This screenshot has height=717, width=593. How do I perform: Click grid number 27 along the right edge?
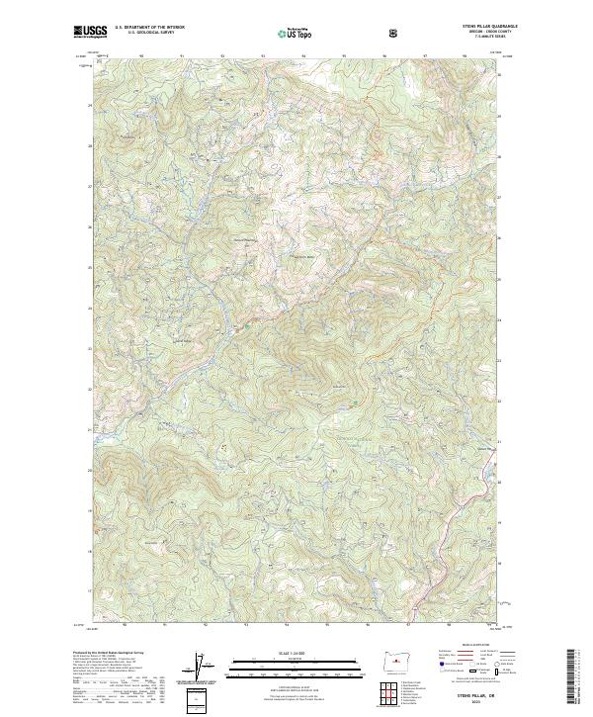tap(500, 198)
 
